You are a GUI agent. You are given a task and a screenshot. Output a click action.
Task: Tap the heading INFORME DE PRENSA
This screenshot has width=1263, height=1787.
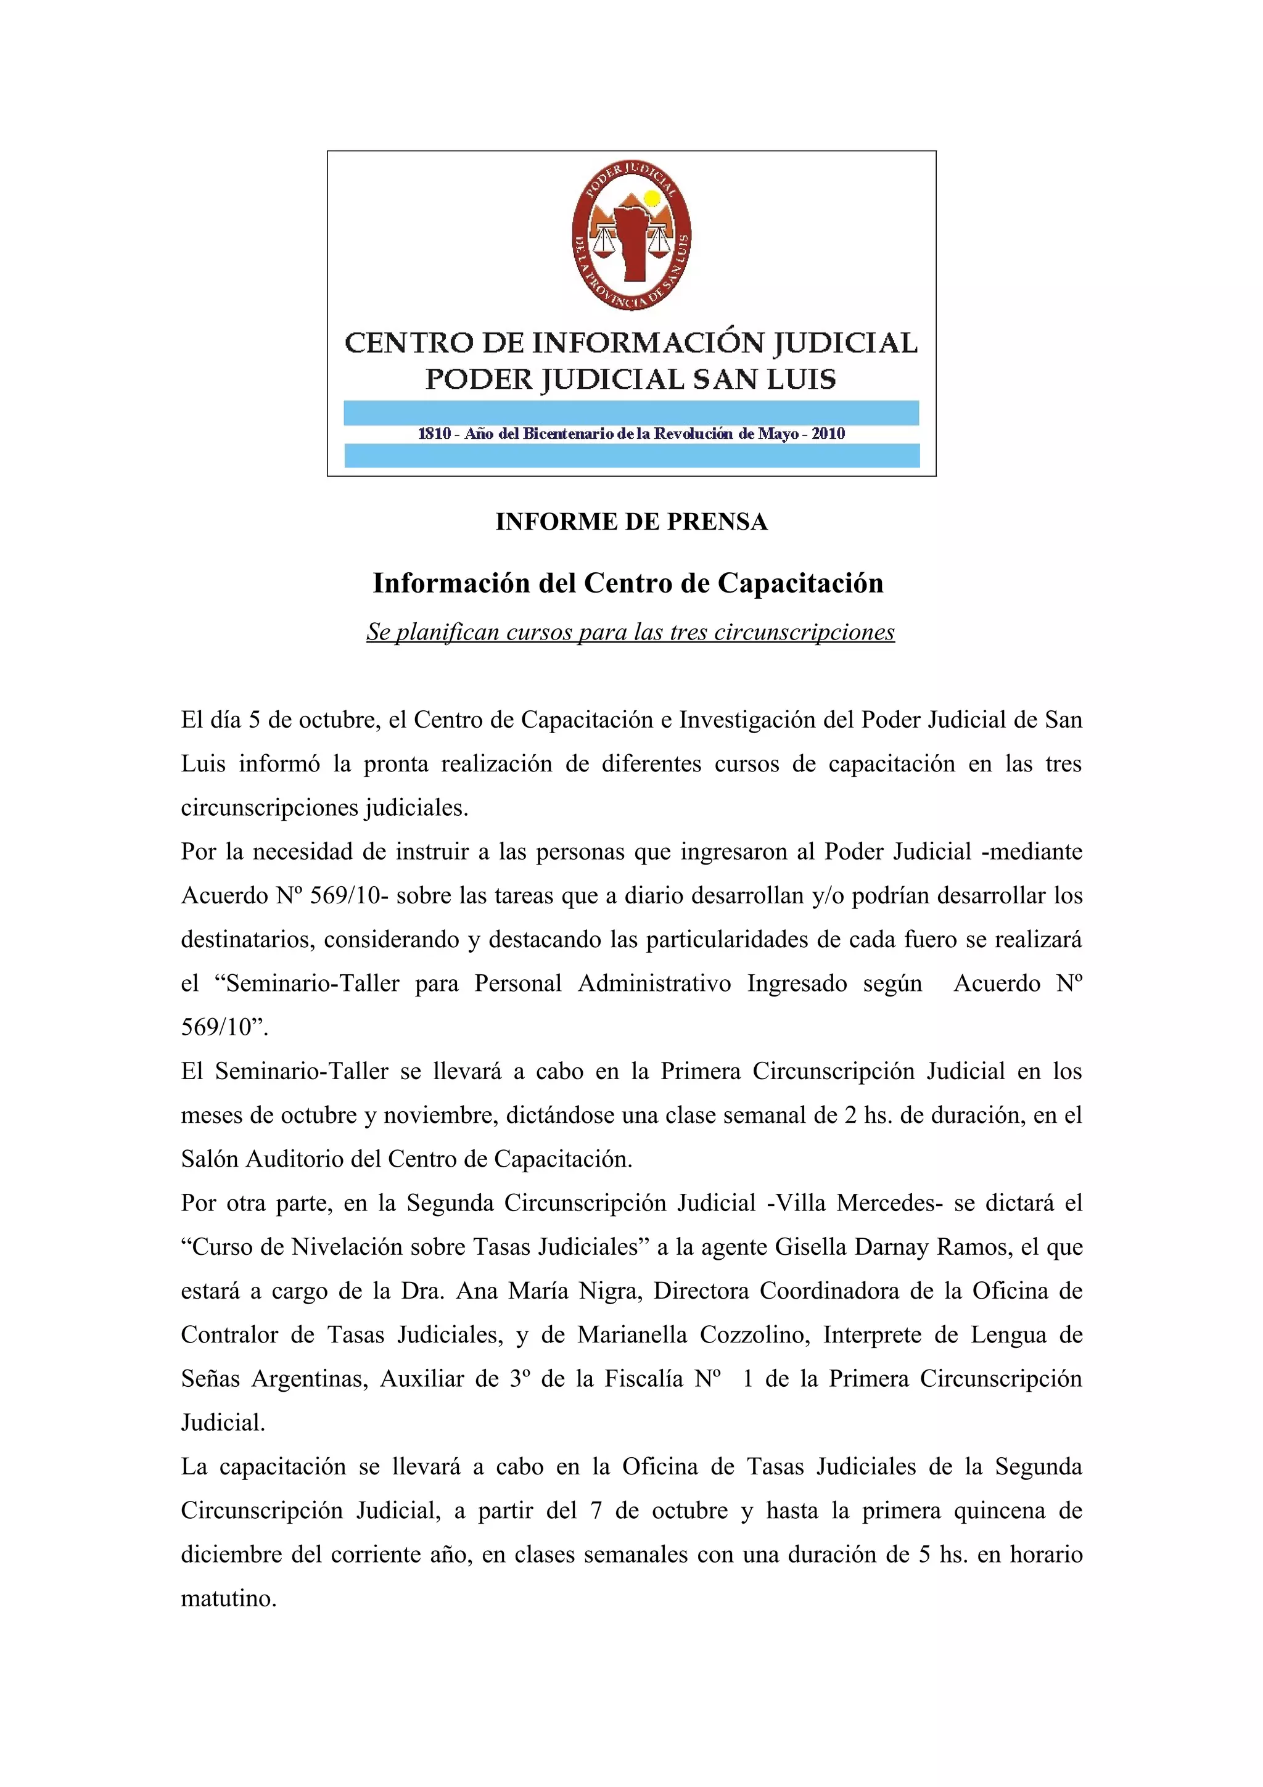(631, 522)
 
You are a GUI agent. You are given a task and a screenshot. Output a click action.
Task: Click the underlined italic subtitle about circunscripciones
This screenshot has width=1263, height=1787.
(630, 632)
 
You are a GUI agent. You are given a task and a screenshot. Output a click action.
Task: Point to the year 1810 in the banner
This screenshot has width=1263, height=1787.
(434, 434)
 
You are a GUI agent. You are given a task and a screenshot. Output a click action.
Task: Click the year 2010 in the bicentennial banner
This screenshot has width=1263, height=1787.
(828, 434)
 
